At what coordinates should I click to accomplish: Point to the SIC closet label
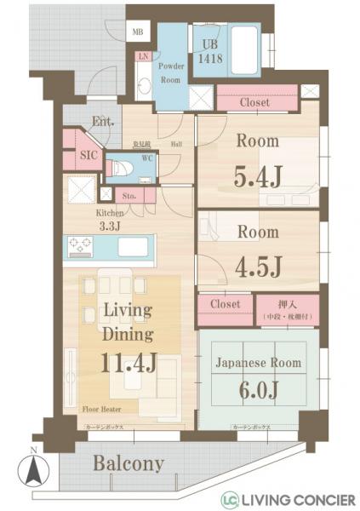tap(89, 156)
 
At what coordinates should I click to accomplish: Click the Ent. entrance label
tap(103, 121)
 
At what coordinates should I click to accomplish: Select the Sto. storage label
tap(130, 195)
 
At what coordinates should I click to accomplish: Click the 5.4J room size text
tap(258, 177)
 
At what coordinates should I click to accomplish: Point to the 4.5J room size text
tap(258, 267)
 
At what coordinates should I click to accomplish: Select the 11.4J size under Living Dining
tap(129, 363)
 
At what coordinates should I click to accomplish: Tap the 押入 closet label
tap(288, 305)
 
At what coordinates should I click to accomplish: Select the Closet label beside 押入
tap(226, 304)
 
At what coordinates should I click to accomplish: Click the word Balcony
tap(128, 464)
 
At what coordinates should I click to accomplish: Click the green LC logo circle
tap(230, 499)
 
